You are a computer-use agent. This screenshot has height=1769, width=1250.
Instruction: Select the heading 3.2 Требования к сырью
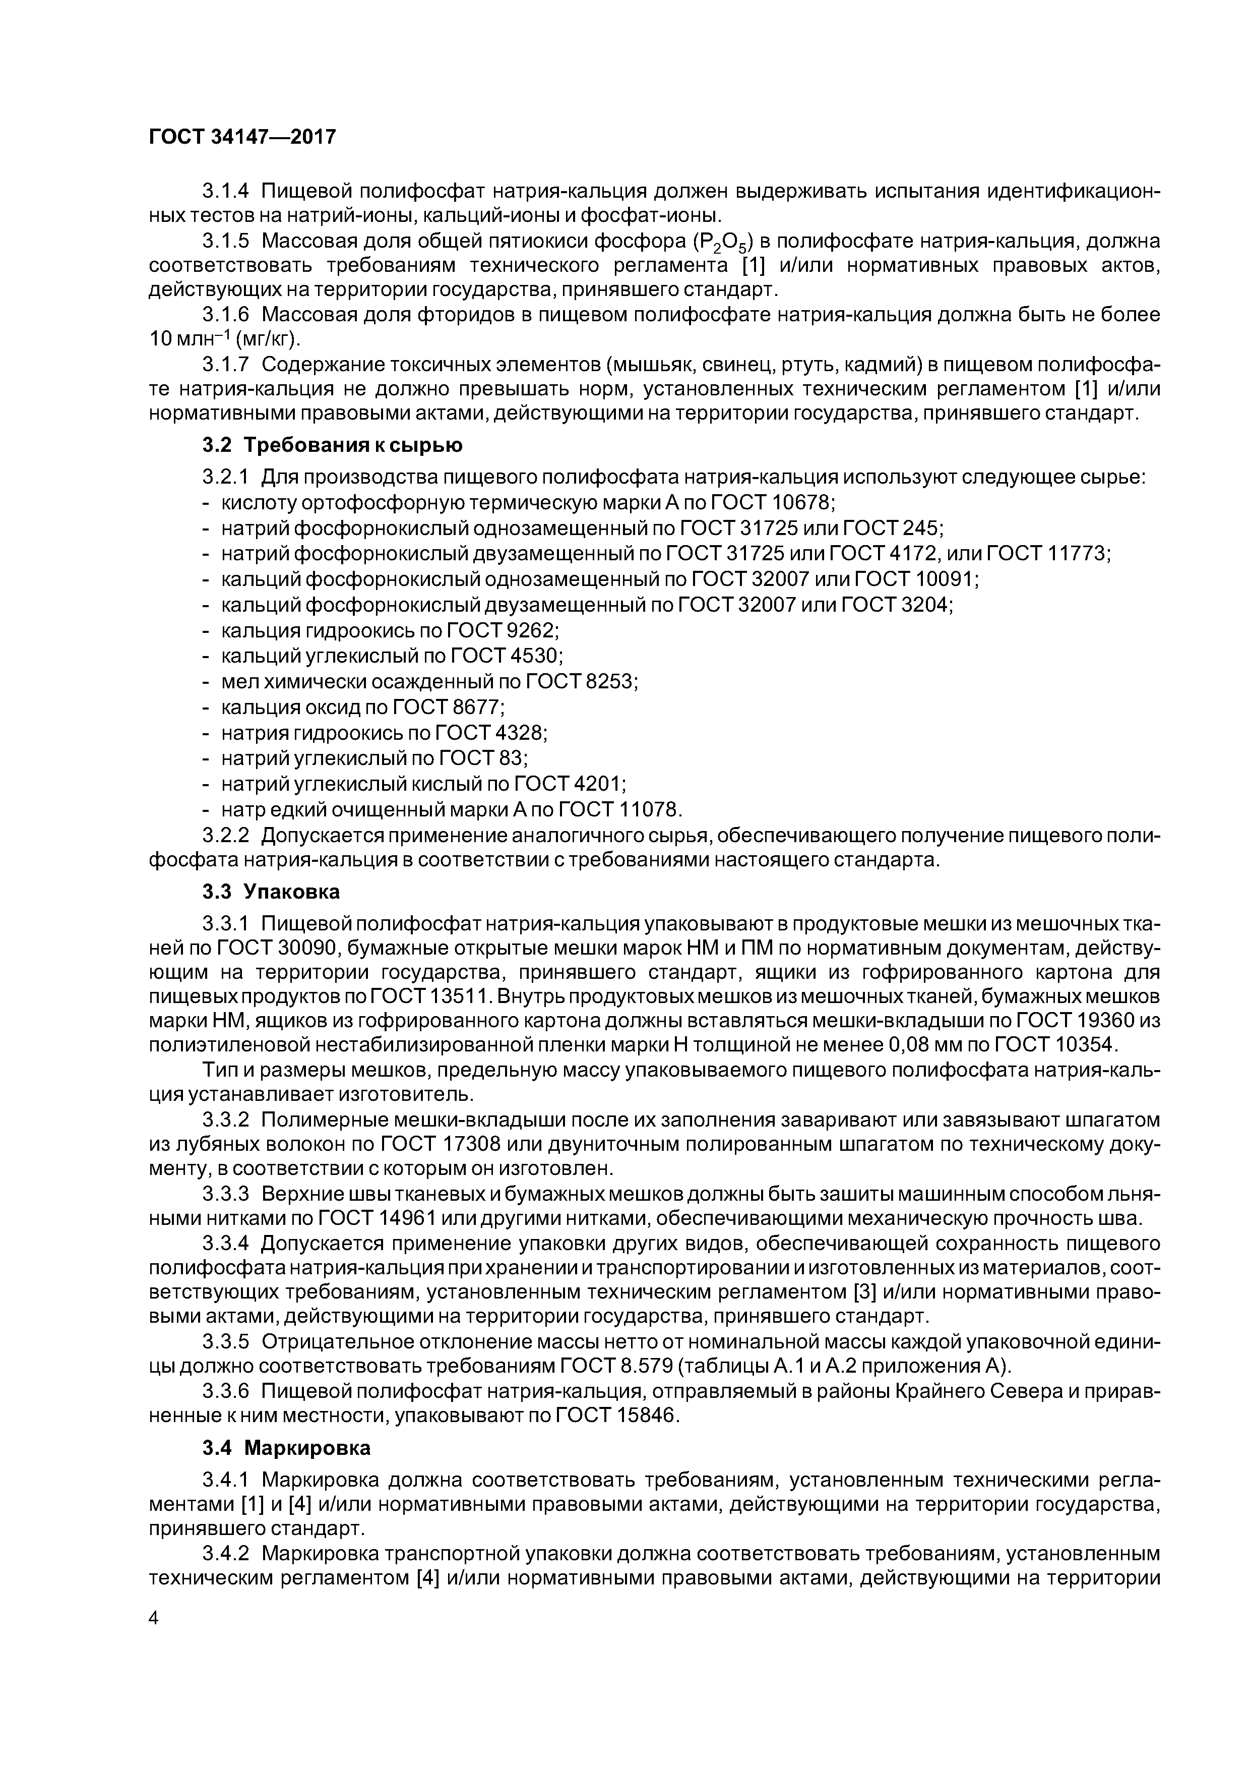pos(332,445)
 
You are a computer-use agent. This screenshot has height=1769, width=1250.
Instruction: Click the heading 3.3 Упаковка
pos(271,892)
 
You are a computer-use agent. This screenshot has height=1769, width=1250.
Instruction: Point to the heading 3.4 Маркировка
pos(286,1448)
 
